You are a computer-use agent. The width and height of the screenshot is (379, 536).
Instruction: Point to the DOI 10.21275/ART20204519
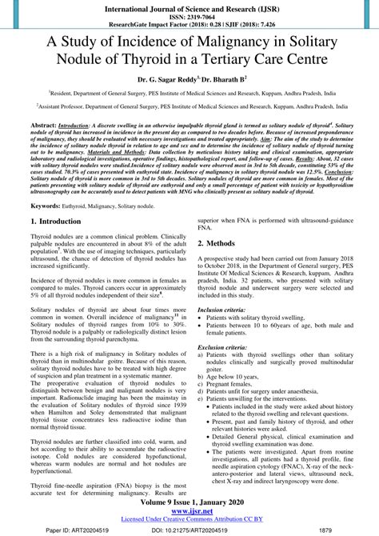tap(189, 529)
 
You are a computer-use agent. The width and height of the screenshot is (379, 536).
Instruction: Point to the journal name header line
tap(189, 5)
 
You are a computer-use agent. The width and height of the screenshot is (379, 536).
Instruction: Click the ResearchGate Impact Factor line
tap(189, 22)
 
